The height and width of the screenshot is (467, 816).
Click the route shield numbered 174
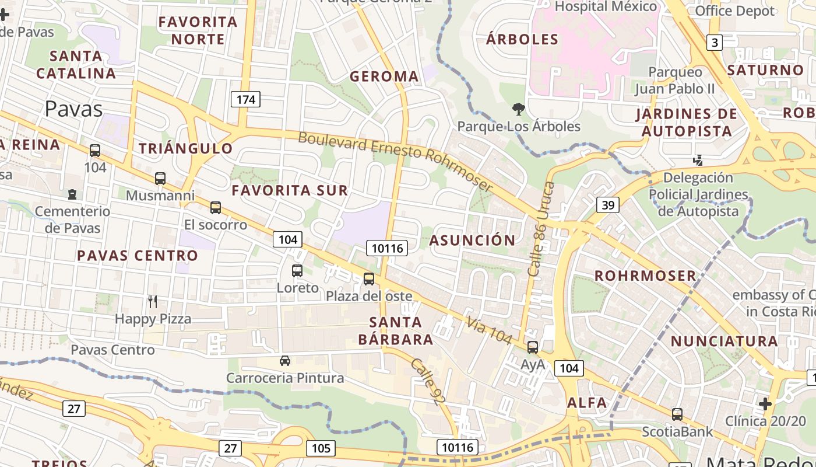coord(245,99)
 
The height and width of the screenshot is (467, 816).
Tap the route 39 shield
coord(607,205)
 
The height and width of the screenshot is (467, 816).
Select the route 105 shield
coord(321,448)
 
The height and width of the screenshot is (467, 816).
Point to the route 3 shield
coord(714,42)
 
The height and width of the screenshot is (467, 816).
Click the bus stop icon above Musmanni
coord(160,179)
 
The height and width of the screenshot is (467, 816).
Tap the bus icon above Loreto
coord(297,271)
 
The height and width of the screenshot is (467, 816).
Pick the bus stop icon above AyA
coord(533,347)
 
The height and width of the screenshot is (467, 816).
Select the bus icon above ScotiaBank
coord(677,414)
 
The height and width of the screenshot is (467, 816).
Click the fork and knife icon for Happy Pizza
coord(153,302)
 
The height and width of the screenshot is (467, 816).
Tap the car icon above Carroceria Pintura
coord(285,361)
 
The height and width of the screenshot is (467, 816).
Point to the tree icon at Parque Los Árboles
coord(518,109)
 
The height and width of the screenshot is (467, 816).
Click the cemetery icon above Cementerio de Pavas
coord(72,194)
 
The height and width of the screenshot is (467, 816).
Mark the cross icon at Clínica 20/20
coord(765,403)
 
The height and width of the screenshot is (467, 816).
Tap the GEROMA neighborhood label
coord(384,76)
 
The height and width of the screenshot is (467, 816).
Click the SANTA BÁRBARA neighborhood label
coord(396,330)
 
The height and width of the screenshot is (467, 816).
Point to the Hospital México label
coord(606,7)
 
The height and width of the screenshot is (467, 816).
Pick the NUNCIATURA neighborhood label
coord(724,341)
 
